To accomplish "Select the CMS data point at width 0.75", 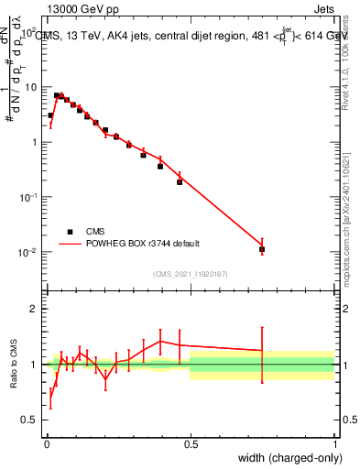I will [x=262, y=249].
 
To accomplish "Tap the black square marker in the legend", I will [x=70, y=232].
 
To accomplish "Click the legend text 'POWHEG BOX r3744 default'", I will [x=141, y=244].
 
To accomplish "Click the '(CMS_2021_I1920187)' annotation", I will [x=191, y=273].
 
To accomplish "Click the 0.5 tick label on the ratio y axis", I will [x=27, y=420].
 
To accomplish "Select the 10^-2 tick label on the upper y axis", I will [x=27, y=253].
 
